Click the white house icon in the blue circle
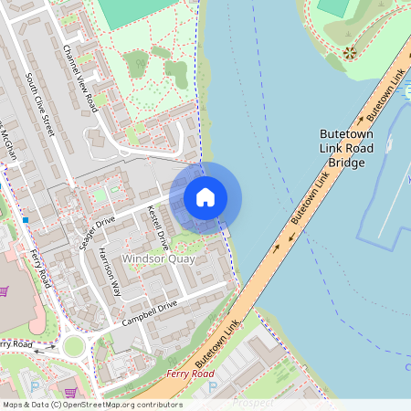(205, 196)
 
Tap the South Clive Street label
(41, 105)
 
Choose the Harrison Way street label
(110, 271)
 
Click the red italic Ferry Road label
(190, 374)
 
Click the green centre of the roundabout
(72, 345)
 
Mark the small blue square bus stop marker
(26, 220)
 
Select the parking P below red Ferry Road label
(213, 389)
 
